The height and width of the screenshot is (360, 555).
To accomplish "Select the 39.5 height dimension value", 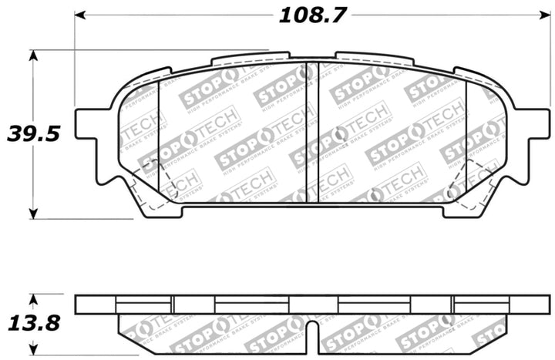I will coord(32,133).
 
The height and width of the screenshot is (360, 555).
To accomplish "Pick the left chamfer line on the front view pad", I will coord(158,139).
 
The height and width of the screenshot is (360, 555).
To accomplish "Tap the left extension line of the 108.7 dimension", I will coord(75,62).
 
